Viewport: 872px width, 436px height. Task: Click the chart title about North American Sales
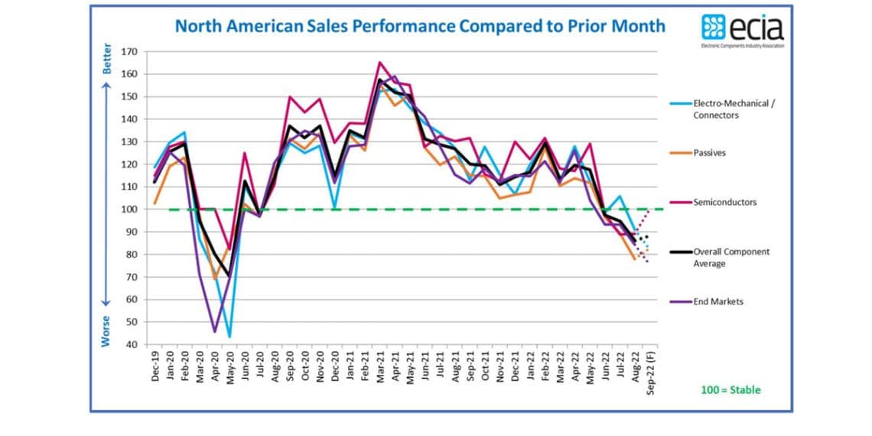pyautogui.click(x=420, y=26)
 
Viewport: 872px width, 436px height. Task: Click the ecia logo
pyautogui.click(x=742, y=30)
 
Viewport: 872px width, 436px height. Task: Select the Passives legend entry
pyautogui.click(x=709, y=153)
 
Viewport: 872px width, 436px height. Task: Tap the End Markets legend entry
pyautogui.click(x=718, y=301)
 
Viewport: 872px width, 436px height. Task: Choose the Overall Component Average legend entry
pyautogui.click(x=730, y=257)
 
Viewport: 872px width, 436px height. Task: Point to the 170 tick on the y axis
pyautogui.click(x=129, y=52)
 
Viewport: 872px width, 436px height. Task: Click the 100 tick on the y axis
pyautogui.click(x=129, y=210)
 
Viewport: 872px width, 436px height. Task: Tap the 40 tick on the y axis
pyautogui.click(x=131, y=345)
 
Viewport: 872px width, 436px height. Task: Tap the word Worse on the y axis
pyautogui.click(x=108, y=331)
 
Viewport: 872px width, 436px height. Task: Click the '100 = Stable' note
pyautogui.click(x=730, y=390)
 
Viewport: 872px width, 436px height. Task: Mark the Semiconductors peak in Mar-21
pyautogui.click(x=380, y=63)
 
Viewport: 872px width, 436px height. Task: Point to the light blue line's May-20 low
pyautogui.click(x=229, y=337)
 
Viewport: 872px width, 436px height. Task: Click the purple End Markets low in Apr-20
pyautogui.click(x=214, y=332)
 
